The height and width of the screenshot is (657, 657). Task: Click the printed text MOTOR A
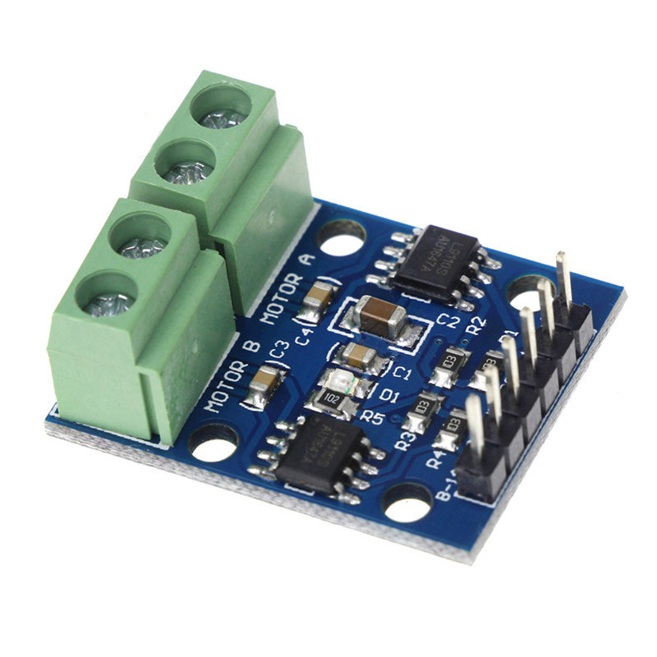(287, 288)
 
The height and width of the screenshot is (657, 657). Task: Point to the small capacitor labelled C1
(360, 356)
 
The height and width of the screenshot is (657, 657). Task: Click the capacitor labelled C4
(315, 301)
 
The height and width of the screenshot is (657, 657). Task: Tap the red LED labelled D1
(339, 380)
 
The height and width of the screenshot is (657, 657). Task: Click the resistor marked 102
(330, 397)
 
